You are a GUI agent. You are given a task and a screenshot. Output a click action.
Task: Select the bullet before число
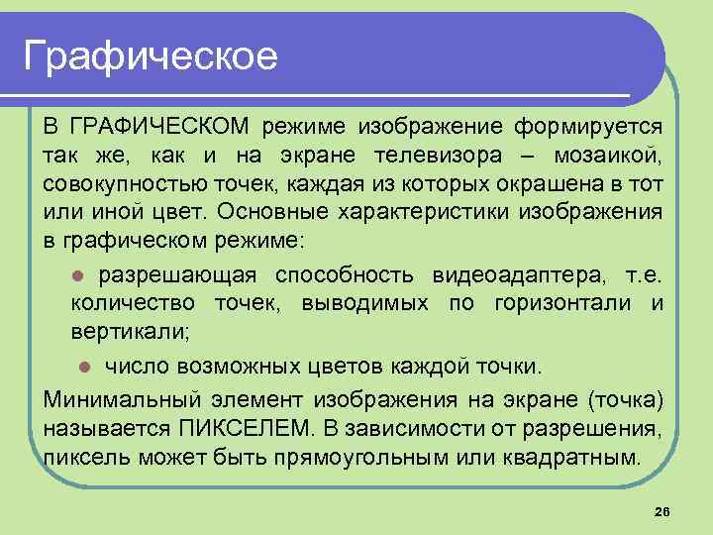click(85, 367)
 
